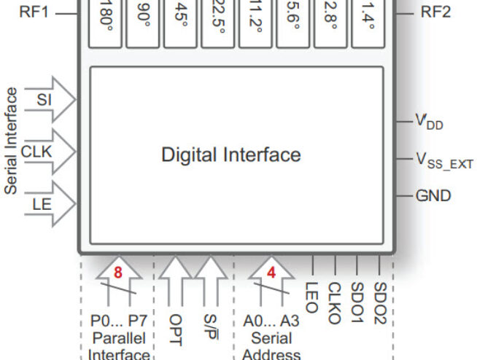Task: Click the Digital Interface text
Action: click(230, 154)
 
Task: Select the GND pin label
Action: click(433, 195)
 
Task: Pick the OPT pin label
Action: click(175, 329)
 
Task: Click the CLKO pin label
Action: click(334, 302)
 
